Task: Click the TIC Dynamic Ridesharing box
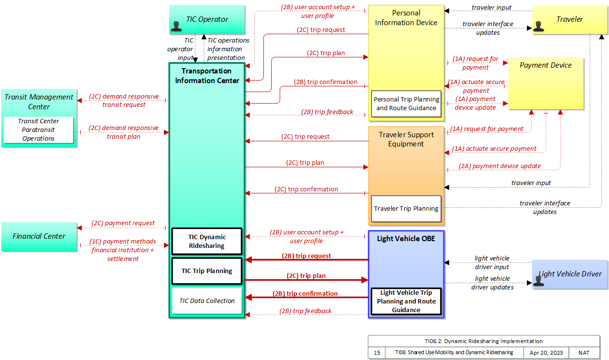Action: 207,241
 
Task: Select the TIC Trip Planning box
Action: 207,271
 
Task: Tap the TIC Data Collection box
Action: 207,301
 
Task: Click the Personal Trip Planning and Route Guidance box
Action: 406,103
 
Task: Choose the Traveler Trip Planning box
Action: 406,209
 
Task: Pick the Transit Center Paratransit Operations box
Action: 38,130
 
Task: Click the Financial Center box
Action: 39,236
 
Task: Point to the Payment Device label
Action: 545,65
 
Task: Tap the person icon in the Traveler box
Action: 538,27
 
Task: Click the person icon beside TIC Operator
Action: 176,27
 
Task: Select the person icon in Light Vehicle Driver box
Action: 538,281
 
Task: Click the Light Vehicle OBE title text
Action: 406,238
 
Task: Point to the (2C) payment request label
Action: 123,223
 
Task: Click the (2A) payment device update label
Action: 500,166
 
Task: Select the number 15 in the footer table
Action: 377,353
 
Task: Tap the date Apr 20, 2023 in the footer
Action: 546,353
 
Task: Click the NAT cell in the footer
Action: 584,353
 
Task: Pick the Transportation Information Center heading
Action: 207,75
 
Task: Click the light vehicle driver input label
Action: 492,262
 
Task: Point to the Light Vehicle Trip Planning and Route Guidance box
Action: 406,301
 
